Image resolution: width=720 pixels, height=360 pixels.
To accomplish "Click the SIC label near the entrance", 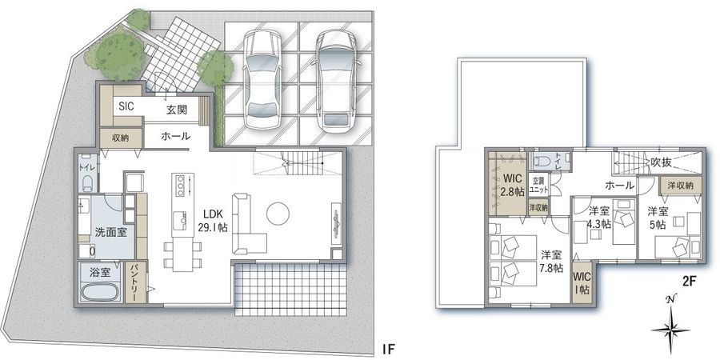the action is click(126, 106).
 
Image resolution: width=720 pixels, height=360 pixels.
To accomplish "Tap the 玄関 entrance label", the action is click(177, 110).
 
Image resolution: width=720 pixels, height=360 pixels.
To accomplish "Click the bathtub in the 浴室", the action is click(100, 291).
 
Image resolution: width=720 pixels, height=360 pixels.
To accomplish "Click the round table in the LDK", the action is click(278, 214).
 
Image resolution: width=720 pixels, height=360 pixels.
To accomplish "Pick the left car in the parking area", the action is click(262, 79).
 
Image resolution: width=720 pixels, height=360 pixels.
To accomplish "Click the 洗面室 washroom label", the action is click(110, 232).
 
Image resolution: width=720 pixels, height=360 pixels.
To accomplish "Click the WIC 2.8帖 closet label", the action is click(509, 185).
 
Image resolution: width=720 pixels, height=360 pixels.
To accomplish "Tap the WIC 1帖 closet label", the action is click(582, 283).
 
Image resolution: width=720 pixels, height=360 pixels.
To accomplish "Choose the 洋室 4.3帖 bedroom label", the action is click(598, 218).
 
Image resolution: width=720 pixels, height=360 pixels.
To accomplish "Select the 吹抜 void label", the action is click(660, 162).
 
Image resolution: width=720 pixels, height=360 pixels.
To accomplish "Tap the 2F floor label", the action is click(690, 282).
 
